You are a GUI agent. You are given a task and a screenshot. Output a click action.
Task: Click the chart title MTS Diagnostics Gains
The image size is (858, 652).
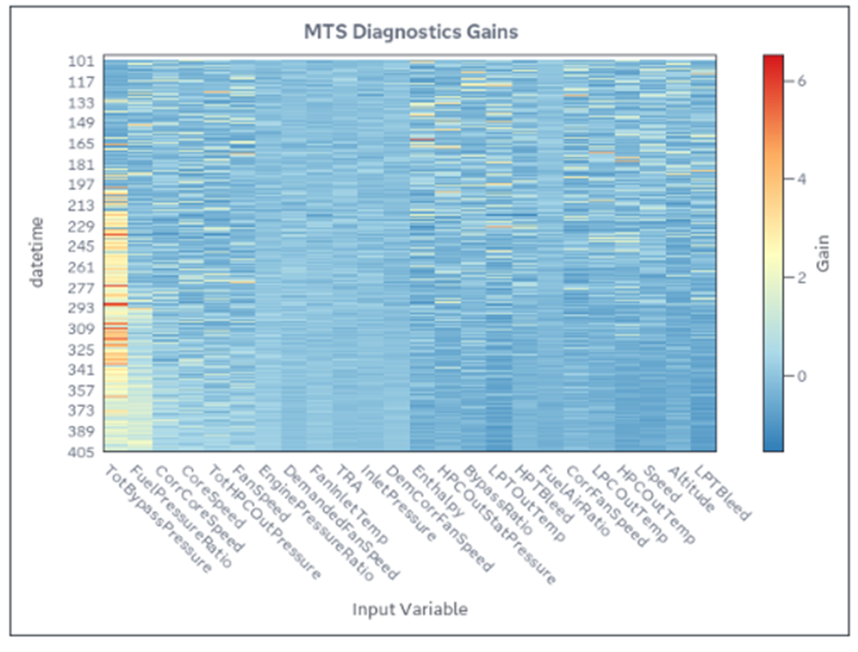pos(410,32)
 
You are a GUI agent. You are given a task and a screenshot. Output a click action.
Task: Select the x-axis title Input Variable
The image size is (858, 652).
pos(409,609)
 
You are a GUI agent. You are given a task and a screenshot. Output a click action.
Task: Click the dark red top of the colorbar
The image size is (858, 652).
pos(773,59)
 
